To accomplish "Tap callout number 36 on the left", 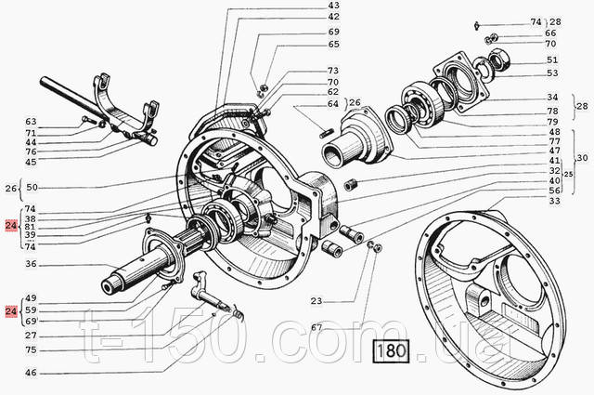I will (31, 265).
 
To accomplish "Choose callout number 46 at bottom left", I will (31, 373).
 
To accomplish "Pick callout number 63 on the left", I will (31, 122).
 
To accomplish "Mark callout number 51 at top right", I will (551, 59).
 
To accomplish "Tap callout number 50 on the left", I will (31, 188).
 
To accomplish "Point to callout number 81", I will (31, 228).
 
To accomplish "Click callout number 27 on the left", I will (31, 336).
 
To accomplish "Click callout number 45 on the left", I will (31, 162).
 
